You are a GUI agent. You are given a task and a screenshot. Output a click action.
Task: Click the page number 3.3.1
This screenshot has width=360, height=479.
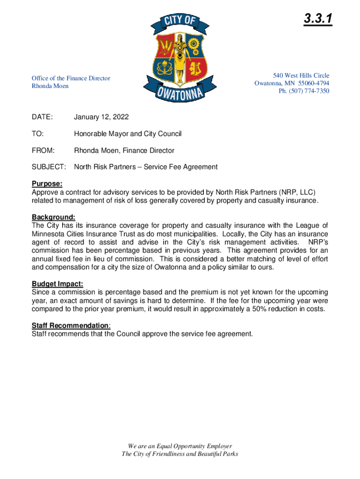point(317,19)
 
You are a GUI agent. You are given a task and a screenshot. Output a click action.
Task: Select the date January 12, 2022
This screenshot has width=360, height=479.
point(101,117)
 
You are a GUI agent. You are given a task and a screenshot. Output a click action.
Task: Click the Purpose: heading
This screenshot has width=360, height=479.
point(47,184)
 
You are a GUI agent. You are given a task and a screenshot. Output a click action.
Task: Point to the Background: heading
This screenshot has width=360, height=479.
point(53,217)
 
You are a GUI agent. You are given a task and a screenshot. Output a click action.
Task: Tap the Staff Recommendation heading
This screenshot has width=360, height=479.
point(70,326)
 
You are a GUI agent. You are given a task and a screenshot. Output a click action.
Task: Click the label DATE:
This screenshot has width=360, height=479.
point(42,117)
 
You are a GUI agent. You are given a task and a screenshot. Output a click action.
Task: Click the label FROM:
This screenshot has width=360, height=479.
point(43,151)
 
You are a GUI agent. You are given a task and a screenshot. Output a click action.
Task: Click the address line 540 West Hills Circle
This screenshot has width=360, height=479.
point(301,75)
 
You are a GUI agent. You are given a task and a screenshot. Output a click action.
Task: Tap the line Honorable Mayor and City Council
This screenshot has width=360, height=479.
point(128,134)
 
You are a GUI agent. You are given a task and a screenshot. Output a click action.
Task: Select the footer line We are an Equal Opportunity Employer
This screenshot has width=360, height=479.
point(180,446)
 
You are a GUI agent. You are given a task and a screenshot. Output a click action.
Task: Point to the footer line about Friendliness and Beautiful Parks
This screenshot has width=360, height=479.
point(180,454)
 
